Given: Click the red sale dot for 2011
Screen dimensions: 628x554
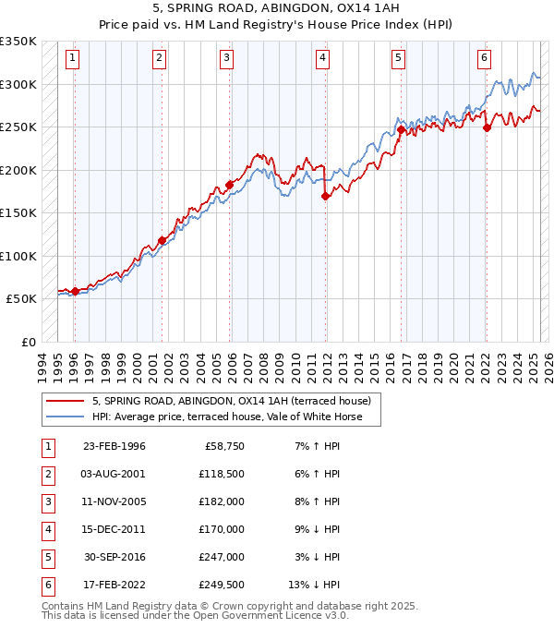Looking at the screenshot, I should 325,196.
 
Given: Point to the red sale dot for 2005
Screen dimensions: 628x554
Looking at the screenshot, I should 229,185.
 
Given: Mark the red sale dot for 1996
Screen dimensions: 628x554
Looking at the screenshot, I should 74,291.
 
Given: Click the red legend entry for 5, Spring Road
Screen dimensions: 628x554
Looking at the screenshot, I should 231,401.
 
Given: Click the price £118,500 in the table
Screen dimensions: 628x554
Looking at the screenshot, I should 223,474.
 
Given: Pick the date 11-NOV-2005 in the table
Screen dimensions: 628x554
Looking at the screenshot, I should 114,501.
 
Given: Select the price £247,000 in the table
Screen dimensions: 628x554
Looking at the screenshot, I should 223,557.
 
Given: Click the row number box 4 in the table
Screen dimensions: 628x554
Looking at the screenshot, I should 47,529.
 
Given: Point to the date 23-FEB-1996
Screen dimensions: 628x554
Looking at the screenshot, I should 114,446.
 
